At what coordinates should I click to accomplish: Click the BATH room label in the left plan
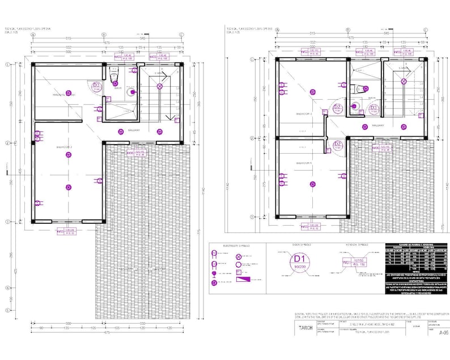click(x=118, y=88)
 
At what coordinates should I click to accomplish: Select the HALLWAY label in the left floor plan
click(x=134, y=130)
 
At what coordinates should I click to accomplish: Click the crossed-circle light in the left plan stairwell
click(x=160, y=87)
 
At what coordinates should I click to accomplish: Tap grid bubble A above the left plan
click(x=33, y=35)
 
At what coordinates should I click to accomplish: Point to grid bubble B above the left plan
click(x=104, y=35)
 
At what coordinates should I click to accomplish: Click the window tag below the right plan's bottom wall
click(x=309, y=228)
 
